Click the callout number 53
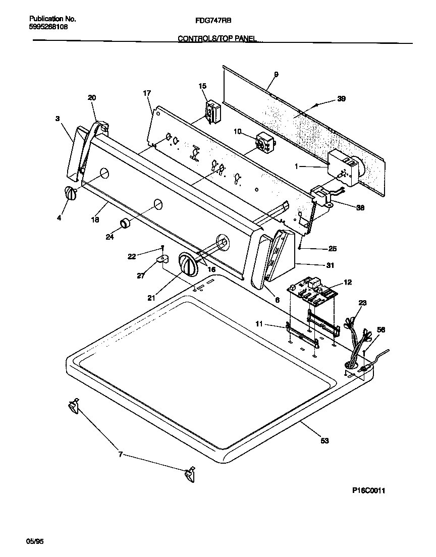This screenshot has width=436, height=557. [x=324, y=440]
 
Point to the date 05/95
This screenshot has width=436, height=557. [x=35, y=541]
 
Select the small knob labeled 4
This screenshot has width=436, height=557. [x=70, y=193]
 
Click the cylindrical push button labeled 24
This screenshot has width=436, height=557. [x=125, y=223]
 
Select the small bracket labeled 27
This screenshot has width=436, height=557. [x=161, y=259]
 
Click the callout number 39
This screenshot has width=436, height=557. [x=342, y=99]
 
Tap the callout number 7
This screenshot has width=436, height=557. [x=120, y=455]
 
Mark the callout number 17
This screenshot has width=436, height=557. [x=147, y=93]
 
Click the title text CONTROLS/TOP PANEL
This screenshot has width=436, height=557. [x=217, y=38]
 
